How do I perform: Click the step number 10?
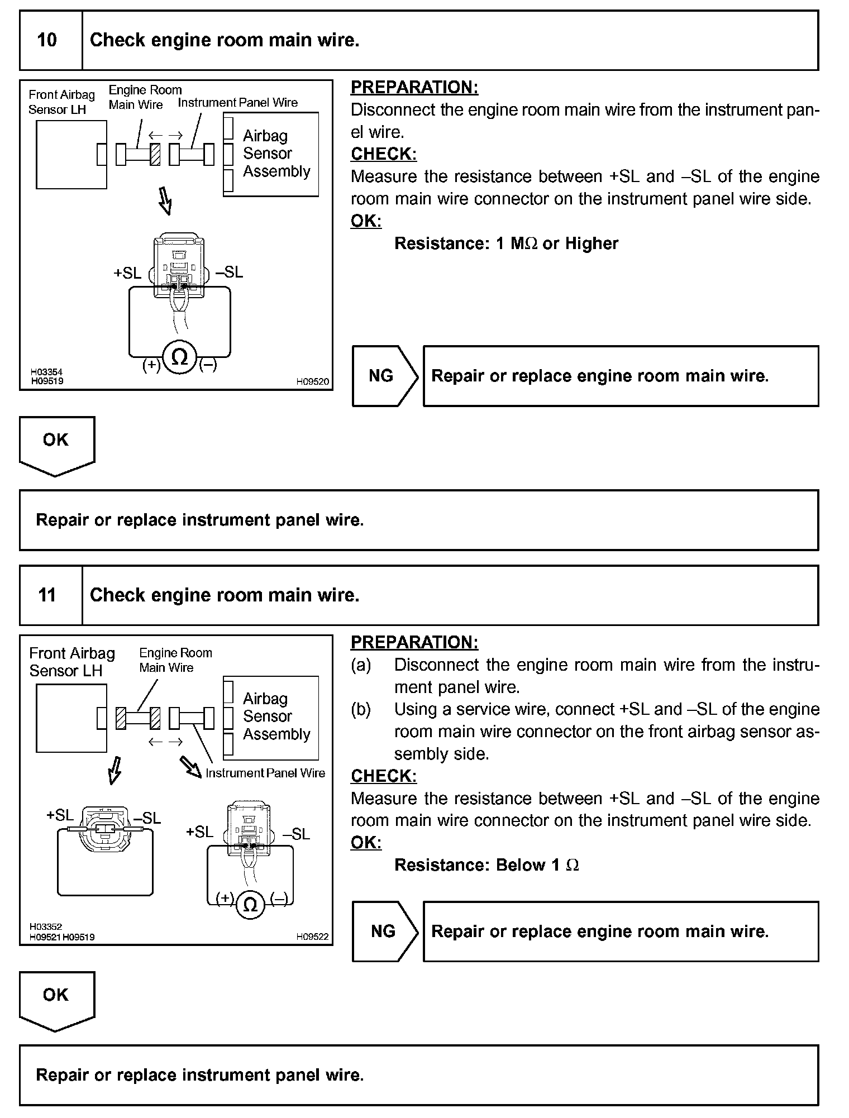47,40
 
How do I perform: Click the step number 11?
47,595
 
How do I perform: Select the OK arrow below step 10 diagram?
56,445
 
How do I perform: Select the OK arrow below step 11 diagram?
56,1000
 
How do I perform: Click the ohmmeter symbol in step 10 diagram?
179,357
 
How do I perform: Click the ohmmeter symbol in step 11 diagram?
251,904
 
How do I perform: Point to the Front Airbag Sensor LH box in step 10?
71,155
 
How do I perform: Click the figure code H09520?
312,382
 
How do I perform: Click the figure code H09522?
312,937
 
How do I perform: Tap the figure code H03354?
46,372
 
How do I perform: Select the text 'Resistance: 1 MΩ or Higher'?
506,243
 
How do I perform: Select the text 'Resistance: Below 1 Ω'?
486,865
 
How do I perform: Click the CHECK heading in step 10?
384,154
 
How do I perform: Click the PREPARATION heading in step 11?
414,642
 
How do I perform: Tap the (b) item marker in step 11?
361,709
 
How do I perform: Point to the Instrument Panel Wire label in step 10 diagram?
238,103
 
